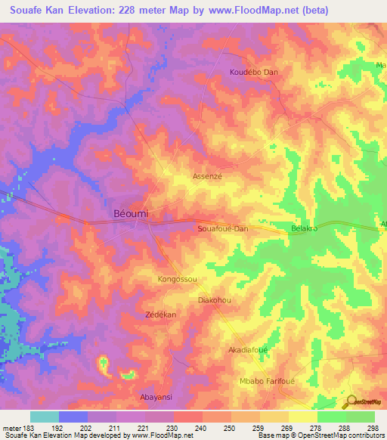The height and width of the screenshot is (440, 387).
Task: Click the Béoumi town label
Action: (x=131, y=214)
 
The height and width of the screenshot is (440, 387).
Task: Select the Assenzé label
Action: (x=207, y=175)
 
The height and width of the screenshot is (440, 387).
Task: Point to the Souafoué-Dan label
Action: (x=222, y=228)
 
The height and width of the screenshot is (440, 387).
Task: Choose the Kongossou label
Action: (x=178, y=279)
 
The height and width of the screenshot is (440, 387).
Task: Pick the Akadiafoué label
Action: (x=249, y=351)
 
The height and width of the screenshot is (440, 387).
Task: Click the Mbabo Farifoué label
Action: (x=265, y=381)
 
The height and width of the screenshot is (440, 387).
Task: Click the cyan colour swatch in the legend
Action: (x=44, y=417)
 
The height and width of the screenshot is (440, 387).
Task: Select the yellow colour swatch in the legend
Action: (x=302, y=417)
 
